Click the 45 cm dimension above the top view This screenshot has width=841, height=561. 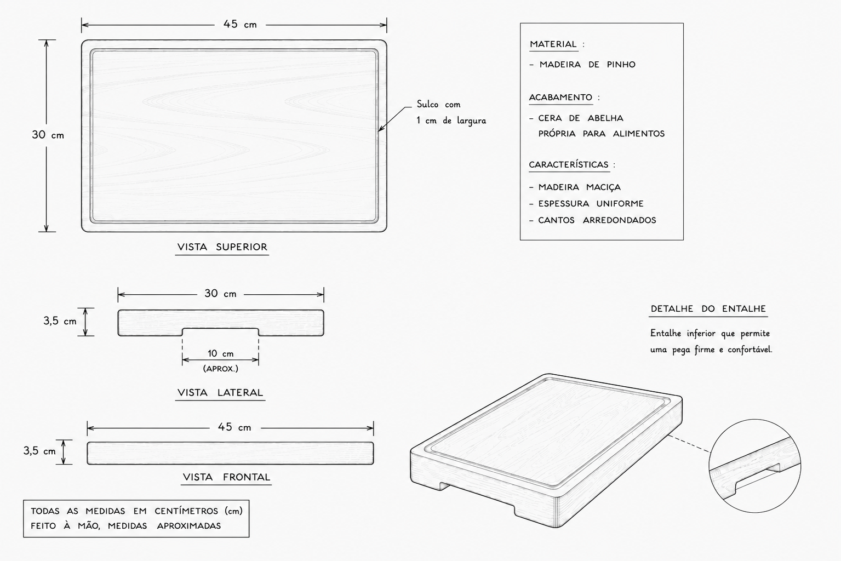[241, 25]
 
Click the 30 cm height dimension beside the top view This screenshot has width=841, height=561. [48, 135]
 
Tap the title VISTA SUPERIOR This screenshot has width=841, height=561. [222, 247]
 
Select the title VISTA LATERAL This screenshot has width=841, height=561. [220, 393]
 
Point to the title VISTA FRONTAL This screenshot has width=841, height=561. [226, 477]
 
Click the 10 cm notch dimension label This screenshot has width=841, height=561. [221, 353]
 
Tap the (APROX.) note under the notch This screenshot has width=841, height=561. [221, 369]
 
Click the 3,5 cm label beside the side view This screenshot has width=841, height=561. [60, 321]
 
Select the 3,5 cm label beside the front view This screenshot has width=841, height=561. [39, 450]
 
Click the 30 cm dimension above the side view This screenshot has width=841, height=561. [221, 293]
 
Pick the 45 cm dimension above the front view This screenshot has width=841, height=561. [234, 427]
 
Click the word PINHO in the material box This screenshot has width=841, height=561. [621, 65]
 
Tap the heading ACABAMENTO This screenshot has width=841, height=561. [560, 98]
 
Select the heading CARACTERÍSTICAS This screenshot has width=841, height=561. [568, 164]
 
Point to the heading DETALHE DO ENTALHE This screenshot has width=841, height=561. [708, 308]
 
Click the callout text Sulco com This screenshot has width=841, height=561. [438, 104]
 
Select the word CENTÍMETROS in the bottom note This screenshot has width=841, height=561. [186, 511]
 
